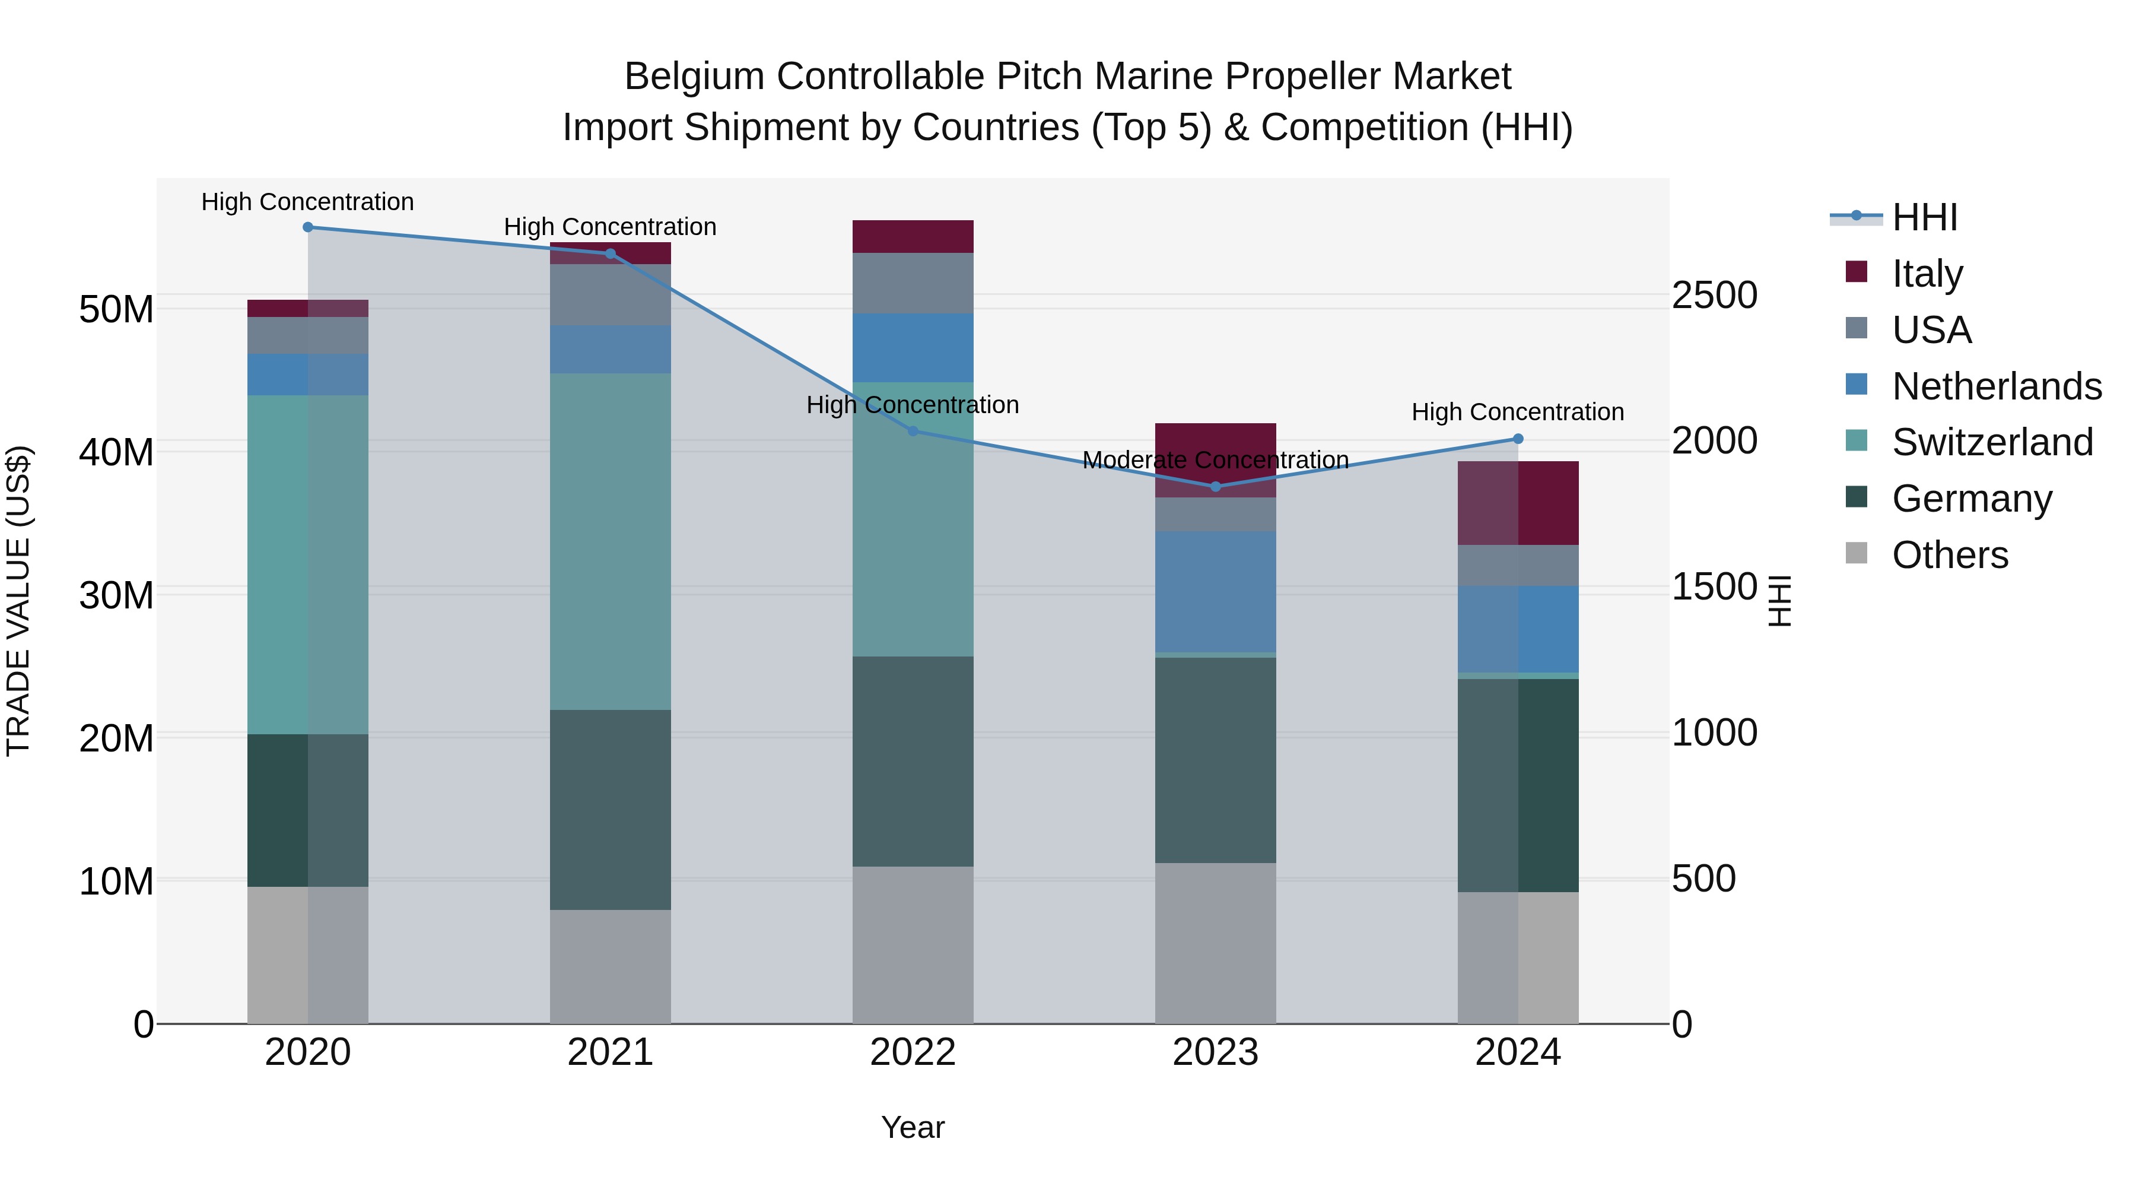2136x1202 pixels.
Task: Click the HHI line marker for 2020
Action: pyautogui.click(x=307, y=227)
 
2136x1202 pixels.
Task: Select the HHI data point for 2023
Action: pyautogui.click(x=1216, y=487)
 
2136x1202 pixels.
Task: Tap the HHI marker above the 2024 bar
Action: pyautogui.click(x=1518, y=439)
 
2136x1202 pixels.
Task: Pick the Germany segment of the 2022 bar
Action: pyautogui.click(x=913, y=762)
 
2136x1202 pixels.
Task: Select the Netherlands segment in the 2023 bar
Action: pyautogui.click(x=1216, y=591)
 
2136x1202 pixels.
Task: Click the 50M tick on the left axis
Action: pyautogui.click(x=116, y=309)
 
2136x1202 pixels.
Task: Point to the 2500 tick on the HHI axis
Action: pyautogui.click(x=1714, y=296)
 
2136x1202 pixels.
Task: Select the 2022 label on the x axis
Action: pyautogui.click(x=913, y=1052)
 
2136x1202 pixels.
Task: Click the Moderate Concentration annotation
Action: pyautogui.click(x=1216, y=459)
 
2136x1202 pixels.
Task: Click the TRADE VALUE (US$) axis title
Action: pyautogui.click(x=18, y=601)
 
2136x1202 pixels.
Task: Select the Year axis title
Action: pyautogui.click(x=913, y=1127)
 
